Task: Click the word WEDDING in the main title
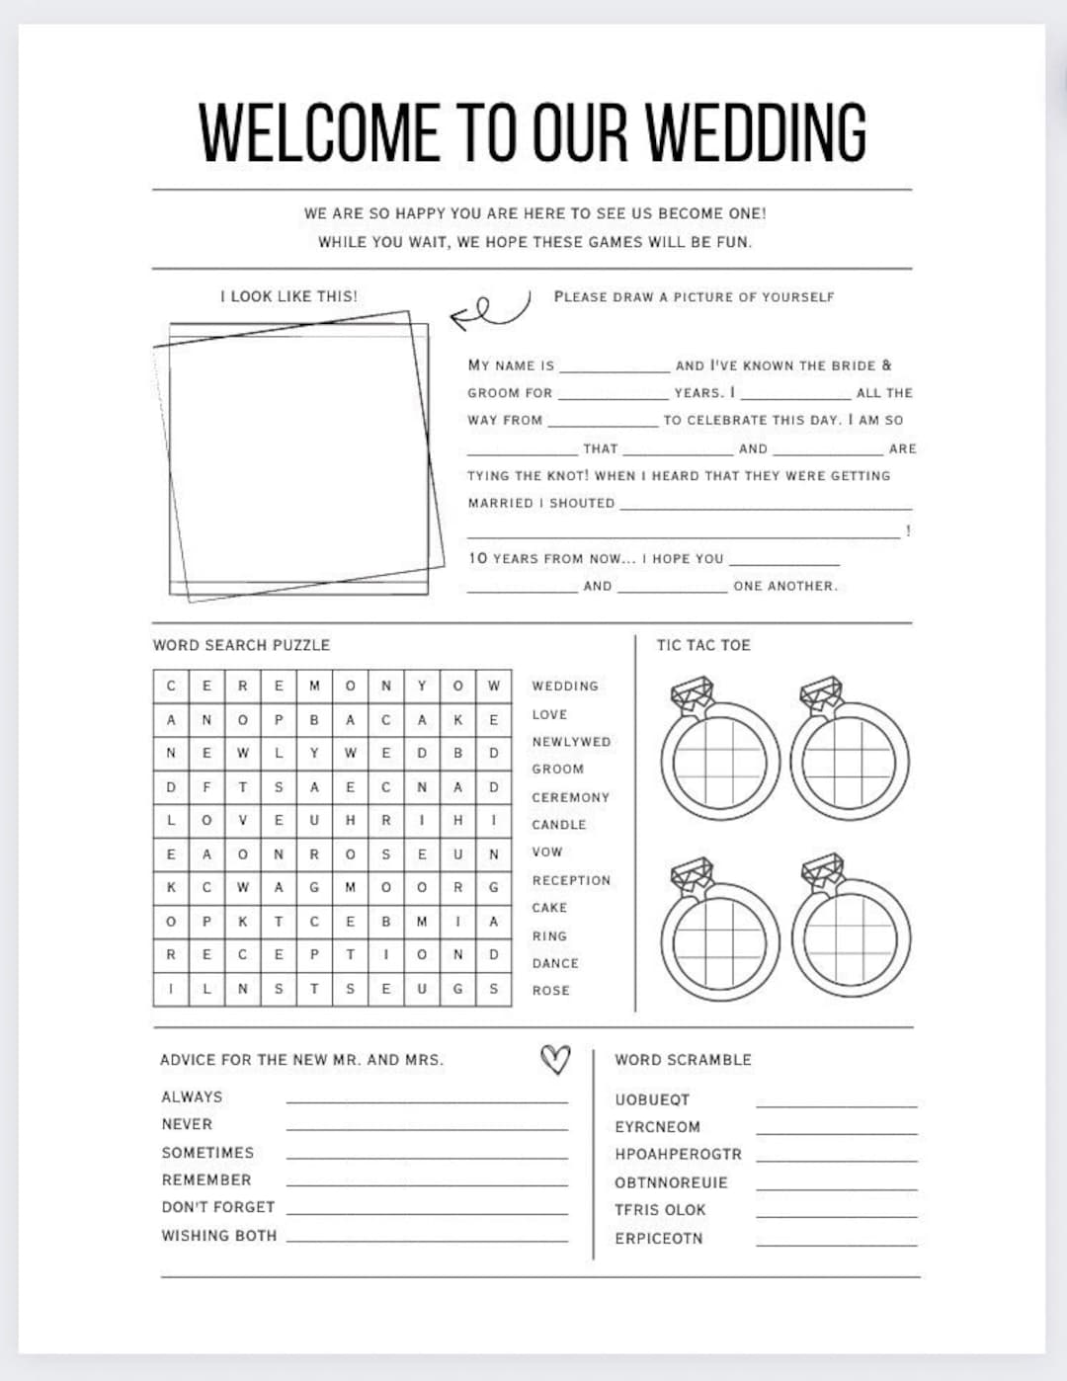(756, 132)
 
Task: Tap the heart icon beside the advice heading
(555, 1059)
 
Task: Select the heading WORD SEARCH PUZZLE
(241, 645)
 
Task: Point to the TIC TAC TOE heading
(703, 645)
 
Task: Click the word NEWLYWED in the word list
(571, 742)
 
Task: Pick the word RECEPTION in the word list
(571, 880)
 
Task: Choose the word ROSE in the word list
(550, 990)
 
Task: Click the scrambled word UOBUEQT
(652, 1099)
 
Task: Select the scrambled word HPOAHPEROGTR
(678, 1154)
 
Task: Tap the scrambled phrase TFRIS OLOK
(660, 1209)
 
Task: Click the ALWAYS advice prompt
(192, 1097)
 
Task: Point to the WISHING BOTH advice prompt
(219, 1235)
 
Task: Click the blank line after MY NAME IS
(614, 367)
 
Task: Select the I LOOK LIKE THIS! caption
(288, 296)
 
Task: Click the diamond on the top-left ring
(692, 694)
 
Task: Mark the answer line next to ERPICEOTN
(836, 1243)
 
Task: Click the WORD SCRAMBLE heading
(683, 1059)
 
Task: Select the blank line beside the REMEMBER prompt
(427, 1182)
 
